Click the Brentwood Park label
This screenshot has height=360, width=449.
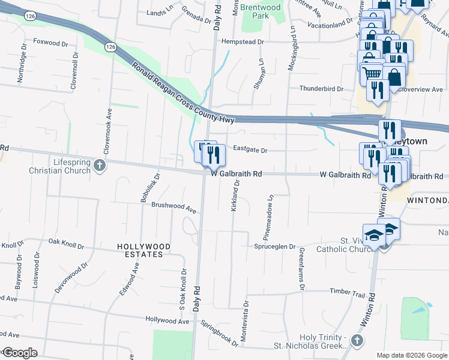pyautogui.click(x=259, y=12)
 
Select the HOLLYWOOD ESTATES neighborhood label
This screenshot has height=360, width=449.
pyautogui.click(x=143, y=250)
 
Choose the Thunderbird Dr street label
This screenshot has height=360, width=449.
pyautogui.click(x=321, y=89)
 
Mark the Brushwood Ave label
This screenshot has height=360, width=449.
pyautogui.click(x=174, y=209)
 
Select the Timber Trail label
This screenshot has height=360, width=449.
pyautogui.click(x=347, y=293)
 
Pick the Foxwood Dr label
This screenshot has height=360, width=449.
pyautogui.click(x=51, y=42)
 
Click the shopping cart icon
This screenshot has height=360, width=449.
pyautogui.click(x=372, y=73)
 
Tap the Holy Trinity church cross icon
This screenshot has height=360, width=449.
pyautogui.click(x=357, y=341)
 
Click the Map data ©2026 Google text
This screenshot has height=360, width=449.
pyautogui.click(x=411, y=355)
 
